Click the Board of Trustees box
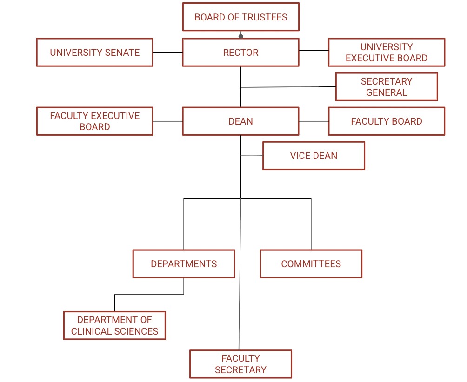coord(240,17)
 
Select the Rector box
coord(240,53)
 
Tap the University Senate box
coord(95,53)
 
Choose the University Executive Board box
coord(386,53)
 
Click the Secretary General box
coord(386,87)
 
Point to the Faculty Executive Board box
coord(95,121)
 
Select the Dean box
coord(240,121)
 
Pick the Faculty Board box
coord(386,121)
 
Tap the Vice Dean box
coord(314,156)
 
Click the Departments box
coord(184,264)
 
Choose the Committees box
coord(311,264)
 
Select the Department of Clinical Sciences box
coord(114,325)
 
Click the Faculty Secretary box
coord(240,364)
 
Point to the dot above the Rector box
coord(240,35)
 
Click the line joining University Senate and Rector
coord(167,53)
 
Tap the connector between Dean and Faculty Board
coord(314,121)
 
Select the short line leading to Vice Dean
coord(252,156)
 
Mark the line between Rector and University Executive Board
coord(314,50)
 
